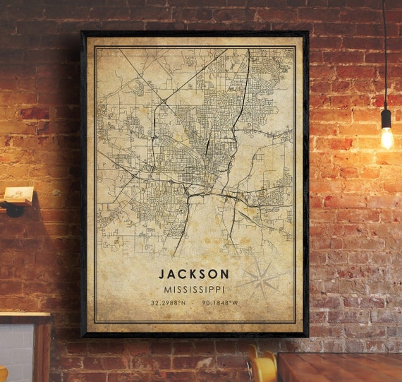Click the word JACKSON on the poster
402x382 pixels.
pos(194,273)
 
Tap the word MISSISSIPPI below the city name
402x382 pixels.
pos(194,289)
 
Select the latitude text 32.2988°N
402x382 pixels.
pos(168,304)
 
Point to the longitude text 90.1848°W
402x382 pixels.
pos(220,304)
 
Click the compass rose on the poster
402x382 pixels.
pos(260,278)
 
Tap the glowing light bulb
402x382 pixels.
pos(386,137)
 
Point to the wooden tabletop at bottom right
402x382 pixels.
pos(339,367)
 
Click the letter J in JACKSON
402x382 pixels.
pos(162,273)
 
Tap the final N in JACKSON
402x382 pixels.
pos(225,273)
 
